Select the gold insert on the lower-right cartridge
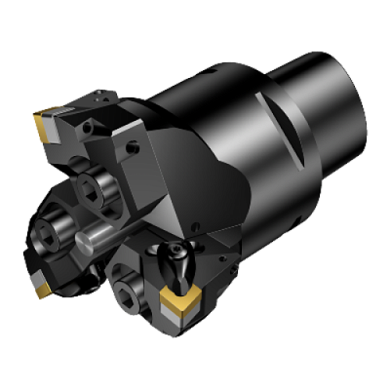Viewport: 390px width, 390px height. point(179,302)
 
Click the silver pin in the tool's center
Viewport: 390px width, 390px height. point(103,235)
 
